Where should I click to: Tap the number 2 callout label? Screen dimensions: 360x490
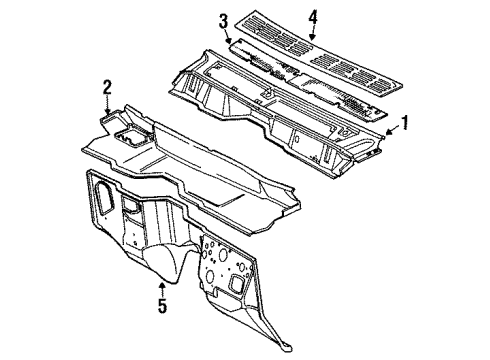(106, 88)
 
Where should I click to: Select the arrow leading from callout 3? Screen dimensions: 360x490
(231, 36)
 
